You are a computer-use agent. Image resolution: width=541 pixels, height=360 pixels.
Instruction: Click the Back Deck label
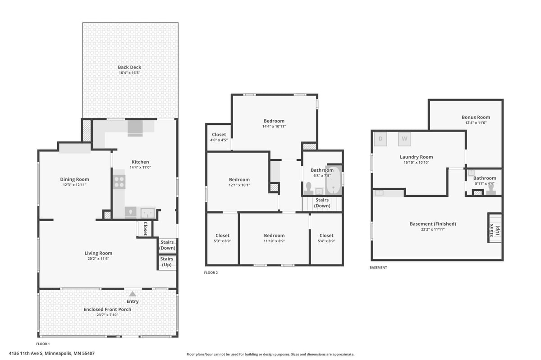point(129,68)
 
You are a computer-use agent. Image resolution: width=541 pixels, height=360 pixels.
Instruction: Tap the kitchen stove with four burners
point(119,182)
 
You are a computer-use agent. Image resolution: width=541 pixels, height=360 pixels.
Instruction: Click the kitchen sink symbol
point(147,213)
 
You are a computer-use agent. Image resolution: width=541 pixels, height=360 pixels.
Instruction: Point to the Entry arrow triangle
point(133,294)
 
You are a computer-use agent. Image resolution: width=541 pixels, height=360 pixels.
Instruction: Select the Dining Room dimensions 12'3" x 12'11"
point(74,185)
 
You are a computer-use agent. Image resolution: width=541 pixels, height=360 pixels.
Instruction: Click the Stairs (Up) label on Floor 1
point(167,262)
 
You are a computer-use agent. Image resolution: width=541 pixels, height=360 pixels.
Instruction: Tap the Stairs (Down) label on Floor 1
point(167,245)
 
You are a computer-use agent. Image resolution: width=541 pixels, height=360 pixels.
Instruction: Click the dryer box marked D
point(381,139)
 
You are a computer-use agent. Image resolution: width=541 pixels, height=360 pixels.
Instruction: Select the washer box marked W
point(404,139)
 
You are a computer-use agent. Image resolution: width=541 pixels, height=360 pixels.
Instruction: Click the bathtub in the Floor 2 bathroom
point(334,180)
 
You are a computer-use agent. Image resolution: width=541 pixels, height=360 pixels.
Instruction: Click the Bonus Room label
point(476,117)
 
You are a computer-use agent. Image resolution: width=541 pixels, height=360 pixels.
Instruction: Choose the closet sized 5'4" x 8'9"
point(326,238)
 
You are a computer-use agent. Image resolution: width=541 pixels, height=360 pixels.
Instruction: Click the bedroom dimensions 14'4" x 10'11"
point(274,126)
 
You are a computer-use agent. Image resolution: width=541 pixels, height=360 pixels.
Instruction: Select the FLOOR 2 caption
point(211,273)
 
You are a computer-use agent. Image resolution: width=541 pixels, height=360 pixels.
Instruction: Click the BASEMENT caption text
point(378,268)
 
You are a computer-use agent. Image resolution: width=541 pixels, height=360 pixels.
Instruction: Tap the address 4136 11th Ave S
point(26,353)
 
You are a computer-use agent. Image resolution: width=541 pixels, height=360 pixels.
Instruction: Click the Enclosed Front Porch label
point(107,309)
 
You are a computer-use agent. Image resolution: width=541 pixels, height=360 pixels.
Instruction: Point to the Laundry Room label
point(417,157)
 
